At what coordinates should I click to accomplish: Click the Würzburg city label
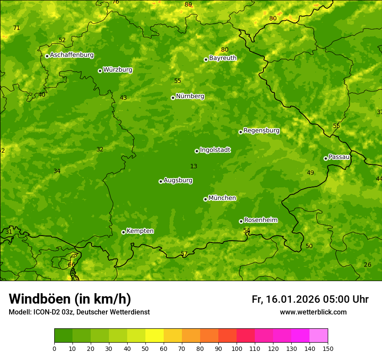point(118,70)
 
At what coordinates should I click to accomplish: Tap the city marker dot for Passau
point(326,158)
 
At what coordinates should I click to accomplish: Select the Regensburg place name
point(261,131)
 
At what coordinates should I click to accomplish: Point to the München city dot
point(205,199)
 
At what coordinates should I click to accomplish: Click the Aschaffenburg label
point(72,55)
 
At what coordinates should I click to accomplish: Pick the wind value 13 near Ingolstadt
point(194,166)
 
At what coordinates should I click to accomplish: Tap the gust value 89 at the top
point(188,5)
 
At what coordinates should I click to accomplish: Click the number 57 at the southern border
point(184,254)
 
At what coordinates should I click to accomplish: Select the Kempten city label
point(140,231)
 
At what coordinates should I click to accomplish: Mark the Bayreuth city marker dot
point(206,59)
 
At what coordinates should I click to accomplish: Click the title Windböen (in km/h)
point(70,299)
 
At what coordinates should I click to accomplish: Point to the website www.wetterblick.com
point(313,312)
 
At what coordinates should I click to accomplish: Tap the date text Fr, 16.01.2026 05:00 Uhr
point(310,299)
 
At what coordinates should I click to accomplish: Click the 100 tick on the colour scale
point(237,348)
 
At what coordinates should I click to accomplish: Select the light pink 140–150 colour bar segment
point(319,336)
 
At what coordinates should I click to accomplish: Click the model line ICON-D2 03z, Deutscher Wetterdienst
point(79,312)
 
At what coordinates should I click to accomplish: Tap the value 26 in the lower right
point(367,265)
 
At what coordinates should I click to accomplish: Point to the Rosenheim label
point(260,220)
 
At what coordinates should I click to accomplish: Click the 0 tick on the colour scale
point(54,348)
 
